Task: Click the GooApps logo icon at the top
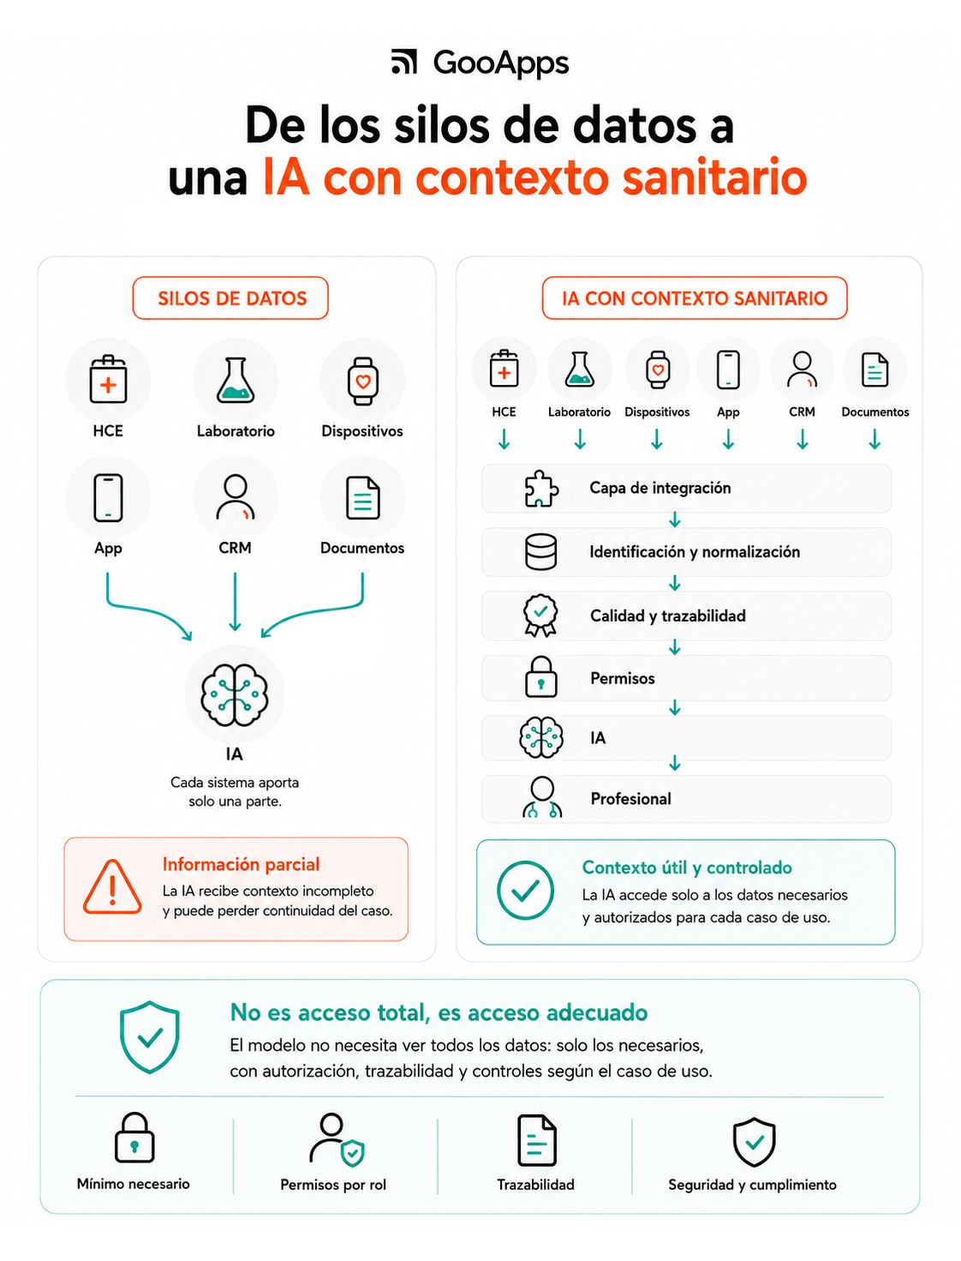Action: pos(403,62)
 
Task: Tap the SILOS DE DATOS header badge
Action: pos(230,297)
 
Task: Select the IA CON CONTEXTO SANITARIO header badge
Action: pos(694,297)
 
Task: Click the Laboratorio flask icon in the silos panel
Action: pos(236,380)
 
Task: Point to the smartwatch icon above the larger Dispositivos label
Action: pos(362,381)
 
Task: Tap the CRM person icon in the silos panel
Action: pos(236,497)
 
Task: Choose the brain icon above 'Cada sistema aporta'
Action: pos(235,694)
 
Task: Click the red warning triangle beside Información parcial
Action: pos(112,886)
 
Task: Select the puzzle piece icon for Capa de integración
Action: pos(540,489)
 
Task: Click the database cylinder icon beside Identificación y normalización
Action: pos(540,551)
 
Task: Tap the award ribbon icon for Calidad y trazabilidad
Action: pos(540,615)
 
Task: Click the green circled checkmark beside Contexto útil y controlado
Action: pos(525,890)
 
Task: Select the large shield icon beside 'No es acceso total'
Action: pos(149,1036)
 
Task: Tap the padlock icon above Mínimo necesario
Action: pos(134,1137)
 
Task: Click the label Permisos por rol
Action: pos(333,1185)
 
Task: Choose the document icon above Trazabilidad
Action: pos(536,1140)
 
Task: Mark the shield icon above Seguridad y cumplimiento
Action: pos(754,1142)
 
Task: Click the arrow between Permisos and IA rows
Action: pos(675,707)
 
